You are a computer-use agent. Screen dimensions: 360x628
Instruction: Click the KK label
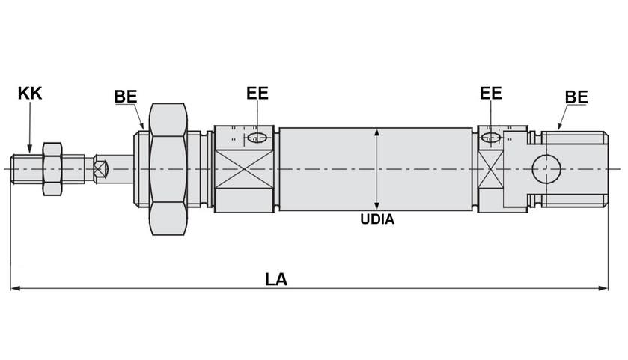30,94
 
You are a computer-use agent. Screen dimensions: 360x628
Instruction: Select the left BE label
125,97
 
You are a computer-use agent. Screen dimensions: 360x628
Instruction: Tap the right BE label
576,97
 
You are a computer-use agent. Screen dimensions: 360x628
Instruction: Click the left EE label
257,94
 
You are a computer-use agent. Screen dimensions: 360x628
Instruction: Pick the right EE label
490,94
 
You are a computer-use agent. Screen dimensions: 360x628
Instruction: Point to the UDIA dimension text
377,220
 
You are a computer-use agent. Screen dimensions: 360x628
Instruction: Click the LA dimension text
275,279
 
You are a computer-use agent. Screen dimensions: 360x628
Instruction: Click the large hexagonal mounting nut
168,169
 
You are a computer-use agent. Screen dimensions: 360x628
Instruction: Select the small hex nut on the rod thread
52,169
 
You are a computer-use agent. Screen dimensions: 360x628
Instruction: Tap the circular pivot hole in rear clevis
546,169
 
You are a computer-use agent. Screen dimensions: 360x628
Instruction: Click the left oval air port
258,137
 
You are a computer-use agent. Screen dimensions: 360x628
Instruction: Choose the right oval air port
491,138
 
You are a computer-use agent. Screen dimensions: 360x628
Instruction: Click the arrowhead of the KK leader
30,150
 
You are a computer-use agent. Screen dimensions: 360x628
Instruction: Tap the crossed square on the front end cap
244,169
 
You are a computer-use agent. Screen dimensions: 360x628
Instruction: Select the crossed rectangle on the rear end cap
490,169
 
